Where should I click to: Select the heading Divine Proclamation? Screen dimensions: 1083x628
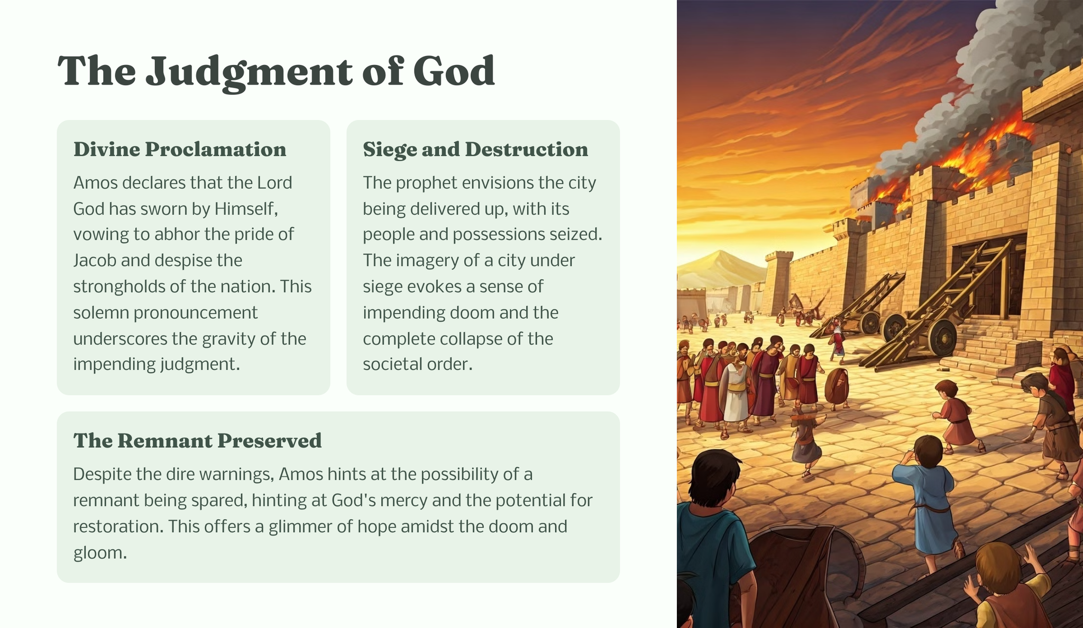click(x=180, y=150)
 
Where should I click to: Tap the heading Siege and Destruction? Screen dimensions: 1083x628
click(x=475, y=150)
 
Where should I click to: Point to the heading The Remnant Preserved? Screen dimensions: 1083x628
click(x=197, y=441)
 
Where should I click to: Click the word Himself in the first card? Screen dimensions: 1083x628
click(x=246, y=209)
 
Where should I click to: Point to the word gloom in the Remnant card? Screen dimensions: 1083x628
click(x=100, y=553)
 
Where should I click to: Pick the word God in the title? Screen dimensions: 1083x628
click(x=454, y=71)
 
